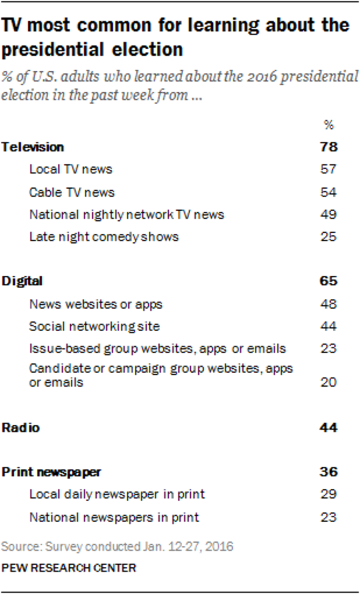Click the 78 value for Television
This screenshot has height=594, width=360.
pyautogui.click(x=328, y=147)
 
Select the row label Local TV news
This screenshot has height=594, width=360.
pyautogui.click(x=71, y=169)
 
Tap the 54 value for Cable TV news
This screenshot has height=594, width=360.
pyautogui.click(x=328, y=192)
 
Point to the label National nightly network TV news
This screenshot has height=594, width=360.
pyautogui.click(x=126, y=215)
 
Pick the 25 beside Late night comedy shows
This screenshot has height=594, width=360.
pyautogui.click(x=328, y=237)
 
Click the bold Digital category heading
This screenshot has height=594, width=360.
pyautogui.click(x=23, y=281)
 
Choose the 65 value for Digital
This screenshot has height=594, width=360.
pyautogui.click(x=328, y=281)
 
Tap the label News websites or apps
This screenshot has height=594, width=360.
pyautogui.click(x=96, y=304)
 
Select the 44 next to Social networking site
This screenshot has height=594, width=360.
pyautogui.click(x=328, y=326)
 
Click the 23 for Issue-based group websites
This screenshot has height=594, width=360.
pyautogui.click(x=328, y=349)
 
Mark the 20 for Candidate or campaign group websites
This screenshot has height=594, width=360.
pyautogui.click(x=328, y=383)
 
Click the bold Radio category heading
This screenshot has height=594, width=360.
pyautogui.click(x=20, y=428)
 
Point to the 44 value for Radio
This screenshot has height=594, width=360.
pyautogui.click(x=328, y=428)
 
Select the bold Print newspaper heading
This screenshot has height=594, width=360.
pyautogui.click(x=52, y=472)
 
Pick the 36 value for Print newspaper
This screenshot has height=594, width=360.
pyautogui.click(x=328, y=472)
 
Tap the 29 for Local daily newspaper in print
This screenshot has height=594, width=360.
pyautogui.click(x=328, y=495)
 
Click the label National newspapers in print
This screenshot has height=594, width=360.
pyautogui.click(x=114, y=517)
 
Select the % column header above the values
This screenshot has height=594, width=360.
pyautogui.click(x=328, y=126)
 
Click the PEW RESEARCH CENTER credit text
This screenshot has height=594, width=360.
pyautogui.click(x=68, y=567)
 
